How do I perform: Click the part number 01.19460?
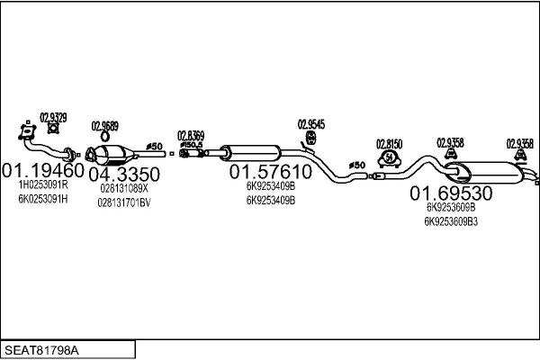(42, 170)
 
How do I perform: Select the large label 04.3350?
(125, 173)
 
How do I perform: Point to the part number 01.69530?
(451, 193)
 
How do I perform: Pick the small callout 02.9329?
(52, 118)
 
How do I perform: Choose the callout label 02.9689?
(104, 127)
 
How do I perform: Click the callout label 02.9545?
(310, 124)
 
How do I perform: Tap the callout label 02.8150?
(389, 144)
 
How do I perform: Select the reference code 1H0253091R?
(42, 185)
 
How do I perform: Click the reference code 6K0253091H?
(42, 198)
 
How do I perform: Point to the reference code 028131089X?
(124, 189)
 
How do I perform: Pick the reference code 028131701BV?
(124, 202)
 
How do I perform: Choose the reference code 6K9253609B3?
(451, 221)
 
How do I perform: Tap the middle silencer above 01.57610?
(250, 153)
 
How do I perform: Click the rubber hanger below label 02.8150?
(389, 159)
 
